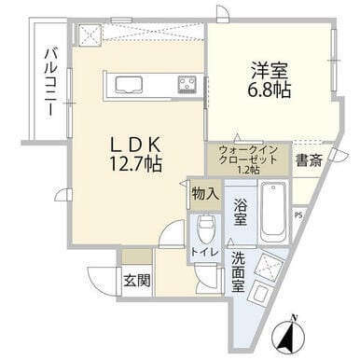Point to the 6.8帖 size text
[268, 90]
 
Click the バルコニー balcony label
[48, 82]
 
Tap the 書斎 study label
[309, 161]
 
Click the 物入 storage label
[205, 195]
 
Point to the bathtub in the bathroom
[274, 212]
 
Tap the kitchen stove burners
[187, 85]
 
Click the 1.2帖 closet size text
[249, 169]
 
